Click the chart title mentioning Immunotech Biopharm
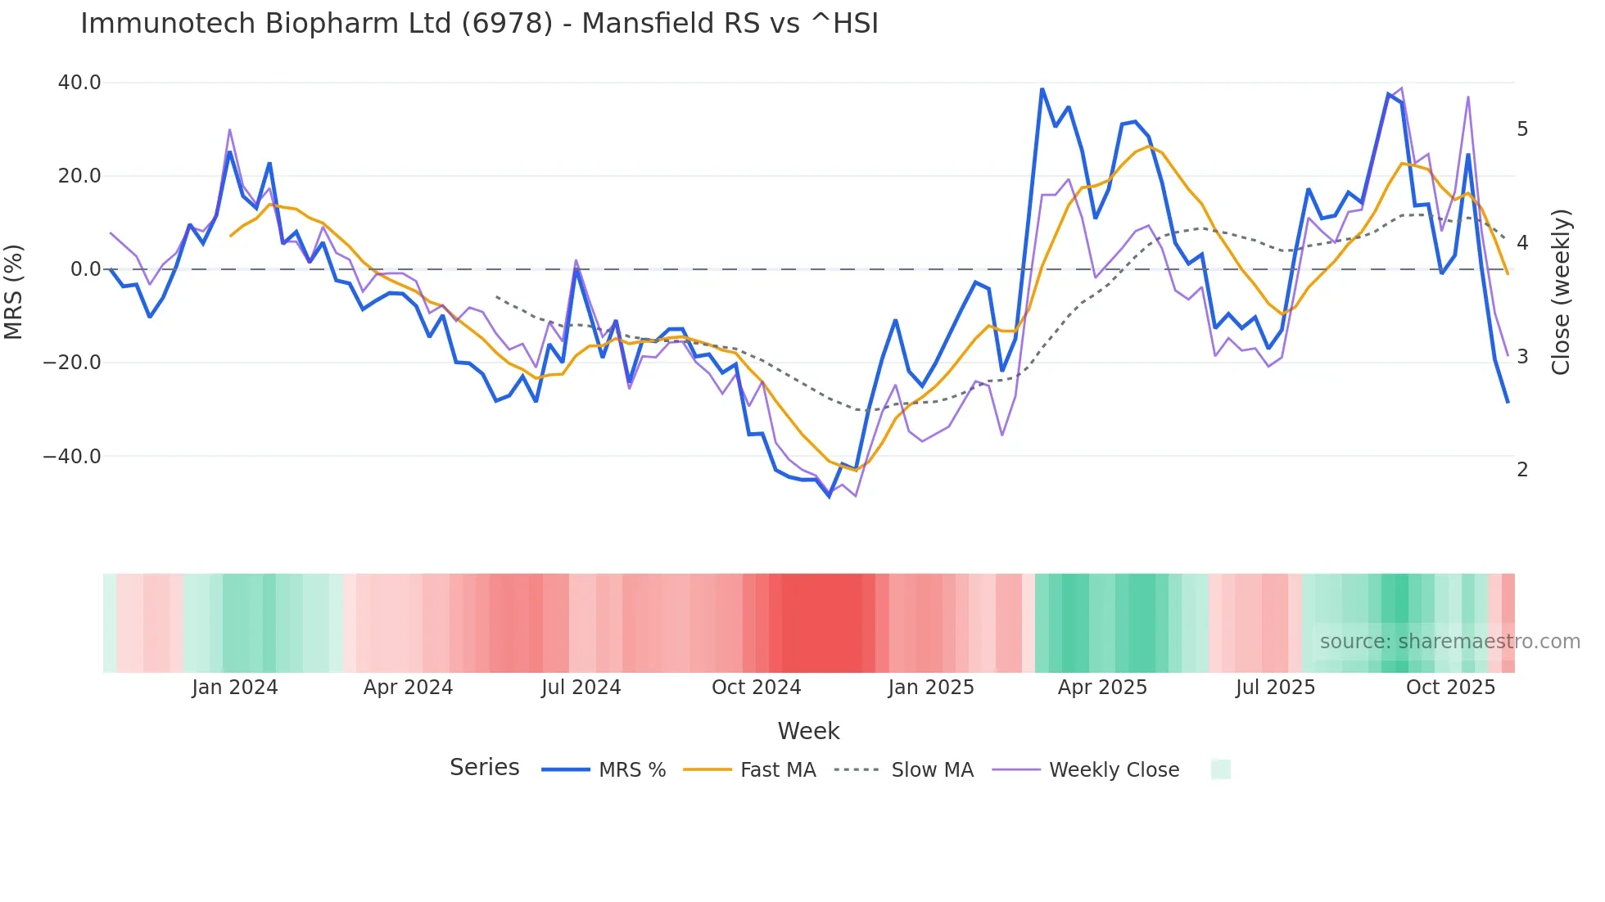point(479,24)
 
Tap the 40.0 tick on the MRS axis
point(79,83)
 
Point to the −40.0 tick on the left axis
point(72,456)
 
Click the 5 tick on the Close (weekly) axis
point(1522,129)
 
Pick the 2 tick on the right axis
point(1522,470)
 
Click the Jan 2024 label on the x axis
point(235,688)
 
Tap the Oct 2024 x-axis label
point(756,688)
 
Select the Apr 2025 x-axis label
point(1102,688)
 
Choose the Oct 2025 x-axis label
point(1450,688)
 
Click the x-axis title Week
point(808,731)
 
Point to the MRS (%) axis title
point(14,292)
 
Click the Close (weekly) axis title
point(1561,292)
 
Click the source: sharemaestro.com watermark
point(1449,642)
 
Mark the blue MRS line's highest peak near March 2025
point(1042,89)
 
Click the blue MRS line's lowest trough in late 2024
point(829,496)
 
